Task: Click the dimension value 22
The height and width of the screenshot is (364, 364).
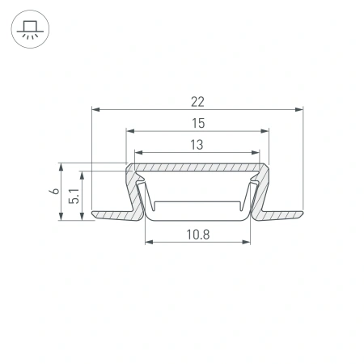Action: coord(197,101)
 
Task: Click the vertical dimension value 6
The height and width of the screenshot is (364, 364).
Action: coord(53,192)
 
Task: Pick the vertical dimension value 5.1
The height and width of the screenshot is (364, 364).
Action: coord(74,195)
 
